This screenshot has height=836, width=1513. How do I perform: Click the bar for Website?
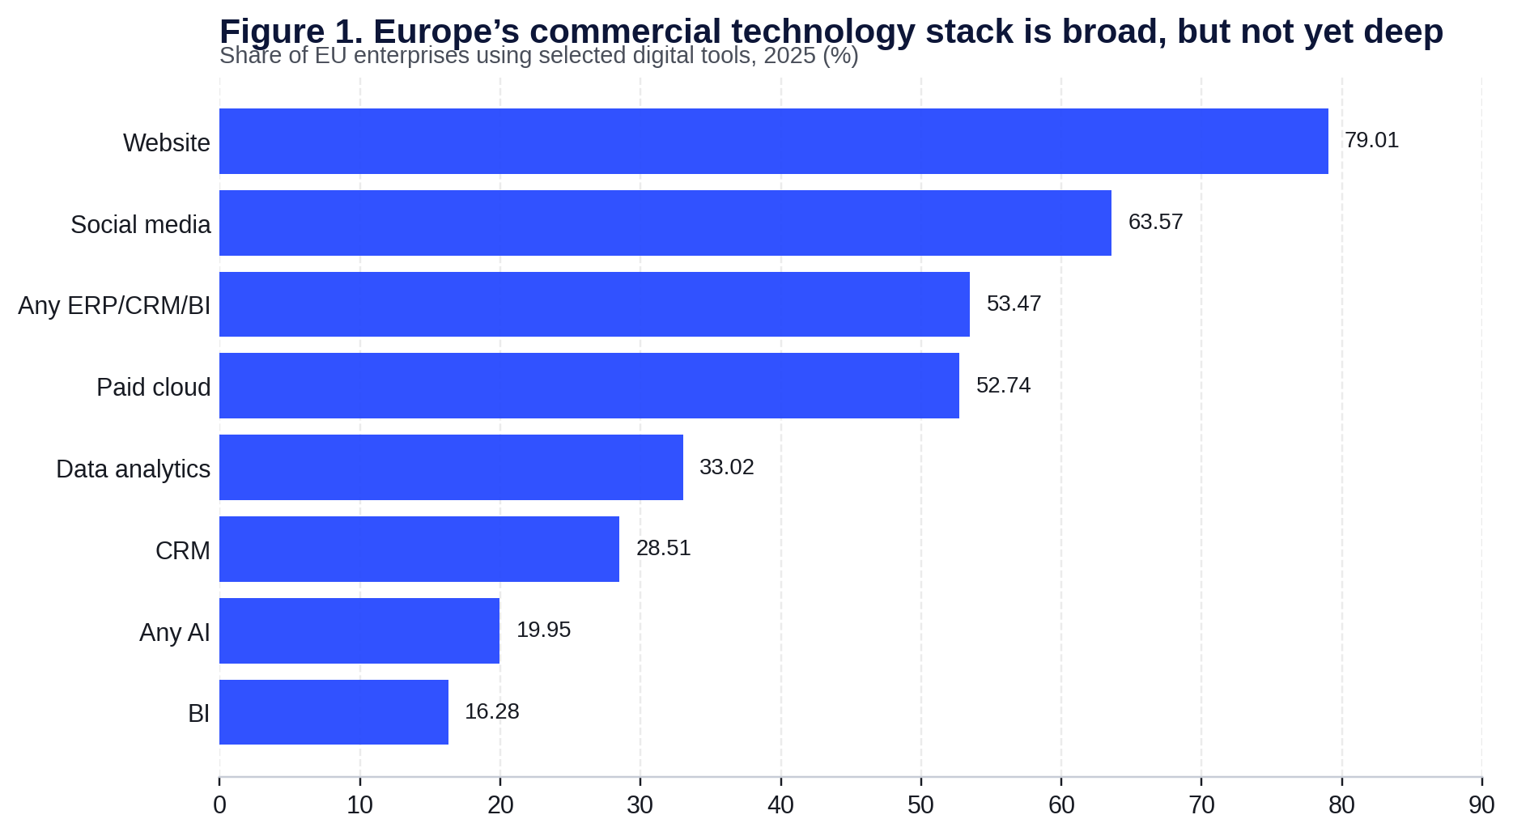pos(773,141)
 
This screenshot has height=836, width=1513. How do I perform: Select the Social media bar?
pos(665,223)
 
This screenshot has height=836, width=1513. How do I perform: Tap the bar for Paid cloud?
pos(589,385)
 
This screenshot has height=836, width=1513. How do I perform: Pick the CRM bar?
pos(419,549)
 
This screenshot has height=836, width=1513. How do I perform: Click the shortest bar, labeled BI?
pos(334,712)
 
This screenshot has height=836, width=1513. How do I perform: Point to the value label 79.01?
pos(1371,140)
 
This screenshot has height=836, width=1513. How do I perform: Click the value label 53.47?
pos(1014,303)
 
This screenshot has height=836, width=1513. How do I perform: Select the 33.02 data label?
pos(726,467)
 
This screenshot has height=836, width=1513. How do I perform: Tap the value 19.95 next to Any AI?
pos(543,630)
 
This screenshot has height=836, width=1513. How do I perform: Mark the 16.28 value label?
pos(491,711)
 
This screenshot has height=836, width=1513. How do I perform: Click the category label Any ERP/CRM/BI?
pos(114,306)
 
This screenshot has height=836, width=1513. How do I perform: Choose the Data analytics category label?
pos(133,469)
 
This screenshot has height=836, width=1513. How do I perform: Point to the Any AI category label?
pos(175,632)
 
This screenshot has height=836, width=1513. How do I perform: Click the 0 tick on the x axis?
pos(219,805)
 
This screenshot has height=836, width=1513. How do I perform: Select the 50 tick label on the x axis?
pos(920,805)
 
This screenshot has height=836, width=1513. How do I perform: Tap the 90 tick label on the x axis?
pos(1481,805)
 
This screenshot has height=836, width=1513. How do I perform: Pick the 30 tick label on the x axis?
pos(640,805)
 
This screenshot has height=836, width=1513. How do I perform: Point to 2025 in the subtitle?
pos(789,56)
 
